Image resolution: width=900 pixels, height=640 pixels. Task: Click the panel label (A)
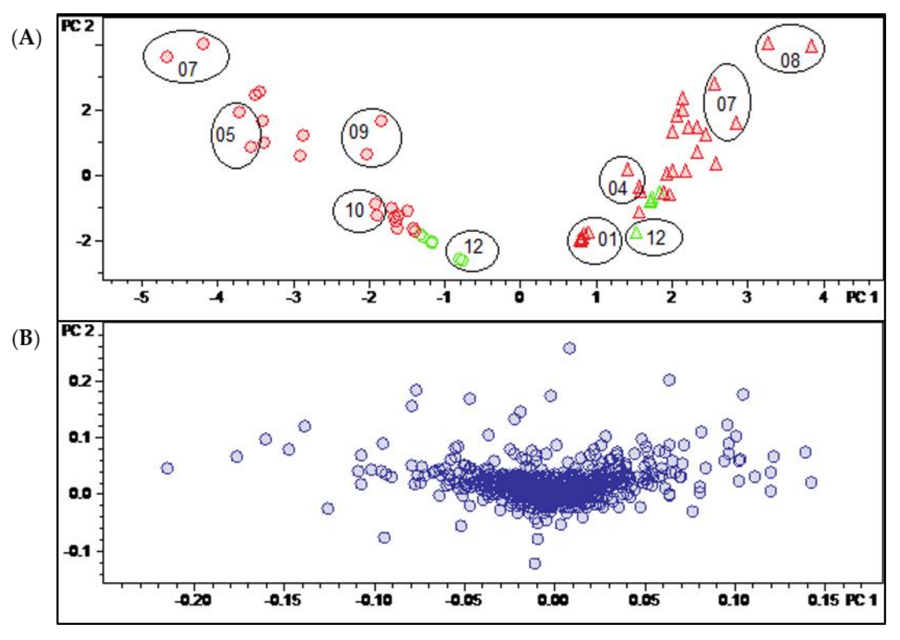[26, 39]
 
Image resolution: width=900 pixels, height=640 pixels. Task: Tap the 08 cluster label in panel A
[790, 61]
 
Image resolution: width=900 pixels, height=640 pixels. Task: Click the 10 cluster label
[355, 211]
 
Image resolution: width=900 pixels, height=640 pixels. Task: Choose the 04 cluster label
[617, 189]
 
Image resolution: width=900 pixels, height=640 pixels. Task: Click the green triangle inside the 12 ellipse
[636, 233]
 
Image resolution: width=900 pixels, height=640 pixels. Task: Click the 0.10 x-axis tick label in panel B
[734, 601]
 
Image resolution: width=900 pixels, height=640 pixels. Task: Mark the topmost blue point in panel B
[569, 348]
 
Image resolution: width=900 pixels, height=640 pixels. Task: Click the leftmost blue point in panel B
[167, 468]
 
